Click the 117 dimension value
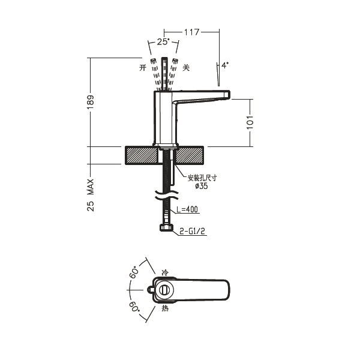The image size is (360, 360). (x=192, y=32)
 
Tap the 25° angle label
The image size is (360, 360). (x=163, y=42)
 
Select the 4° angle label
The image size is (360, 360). (x=225, y=65)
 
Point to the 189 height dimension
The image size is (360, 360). (x=91, y=102)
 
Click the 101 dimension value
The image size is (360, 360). (x=250, y=122)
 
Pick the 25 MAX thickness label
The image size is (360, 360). (x=91, y=195)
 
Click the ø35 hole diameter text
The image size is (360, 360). (x=202, y=186)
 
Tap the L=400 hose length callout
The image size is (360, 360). (x=187, y=209)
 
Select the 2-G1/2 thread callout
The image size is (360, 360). (x=192, y=231)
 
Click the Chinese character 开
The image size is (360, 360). (x=143, y=68)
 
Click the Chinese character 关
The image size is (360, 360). (x=186, y=68)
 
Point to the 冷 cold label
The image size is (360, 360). (x=165, y=273)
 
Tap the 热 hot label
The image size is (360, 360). (x=165, y=308)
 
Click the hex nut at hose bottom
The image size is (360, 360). (x=166, y=227)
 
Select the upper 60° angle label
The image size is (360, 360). (x=134, y=272)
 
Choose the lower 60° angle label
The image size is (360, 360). (x=134, y=307)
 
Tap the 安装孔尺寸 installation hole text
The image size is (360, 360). (x=202, y=178)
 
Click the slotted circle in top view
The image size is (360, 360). (x=164, y=290)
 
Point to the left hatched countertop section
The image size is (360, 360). (x=142, y=155)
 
